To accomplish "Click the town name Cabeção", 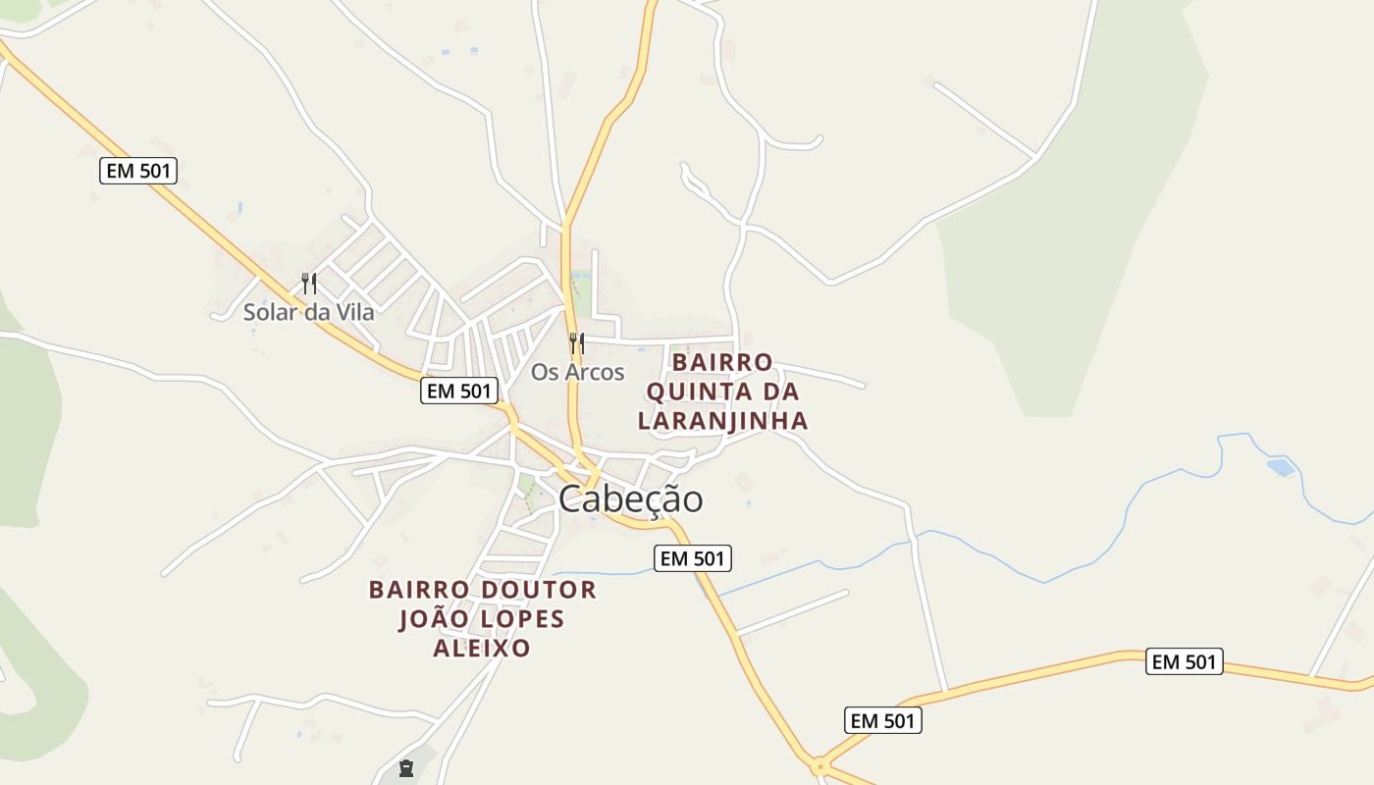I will click(x=630, y=499).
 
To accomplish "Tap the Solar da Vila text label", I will click(x=309, y=313).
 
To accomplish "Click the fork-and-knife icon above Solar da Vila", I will click(x=309, y=284).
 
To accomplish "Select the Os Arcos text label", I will click(x=578, y=373).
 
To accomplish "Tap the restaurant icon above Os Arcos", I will click(x=576, y=343).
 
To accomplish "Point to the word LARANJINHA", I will click(x=722, y=421).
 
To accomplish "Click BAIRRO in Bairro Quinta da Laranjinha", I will click(x=722, y=362).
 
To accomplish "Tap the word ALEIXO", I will click(x=482, y=649).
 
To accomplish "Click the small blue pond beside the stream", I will click(x=1281, y=467).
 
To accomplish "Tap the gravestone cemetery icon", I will click(x=406, y=768).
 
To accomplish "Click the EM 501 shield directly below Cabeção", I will click(x=693, y=558).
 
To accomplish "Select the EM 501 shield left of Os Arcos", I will click(x=459, y=390).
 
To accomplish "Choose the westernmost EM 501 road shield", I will click(x=138, y=171).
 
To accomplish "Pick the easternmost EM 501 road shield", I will click(x=1185, y=661).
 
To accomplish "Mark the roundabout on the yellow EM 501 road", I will click(x=818, y=764).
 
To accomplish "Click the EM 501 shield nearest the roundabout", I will click(x=883, y=720).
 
